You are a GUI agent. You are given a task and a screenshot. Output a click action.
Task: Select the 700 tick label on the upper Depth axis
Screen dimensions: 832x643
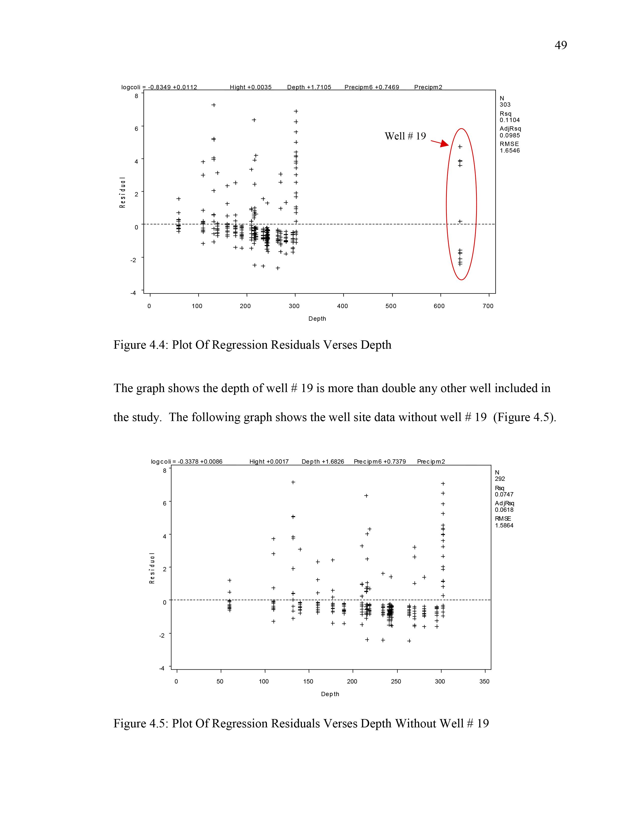pyautogui.click(x=488, y=306)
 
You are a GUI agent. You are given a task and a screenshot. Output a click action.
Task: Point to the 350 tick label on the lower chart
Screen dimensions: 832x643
pyautogui.click(x=484, y=681)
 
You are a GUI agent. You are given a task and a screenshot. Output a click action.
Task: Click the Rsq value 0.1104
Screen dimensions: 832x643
pyautogui.click(x=509, y=120)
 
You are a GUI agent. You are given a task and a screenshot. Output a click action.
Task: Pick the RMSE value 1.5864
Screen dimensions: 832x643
pyautogui.click(x=504, y=525)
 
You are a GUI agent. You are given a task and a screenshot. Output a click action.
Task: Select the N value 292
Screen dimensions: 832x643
pyautogui.click(x=500, y=479)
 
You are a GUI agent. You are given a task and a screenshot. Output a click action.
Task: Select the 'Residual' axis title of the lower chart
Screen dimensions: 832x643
pyautogui.click(x=152, y=568)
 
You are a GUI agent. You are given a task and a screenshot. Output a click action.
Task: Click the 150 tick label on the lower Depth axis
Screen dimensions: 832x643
pyautogui.click(x=308, y=681)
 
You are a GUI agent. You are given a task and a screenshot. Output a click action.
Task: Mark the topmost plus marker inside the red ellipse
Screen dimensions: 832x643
pyautogui.click(x=460, y=147)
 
